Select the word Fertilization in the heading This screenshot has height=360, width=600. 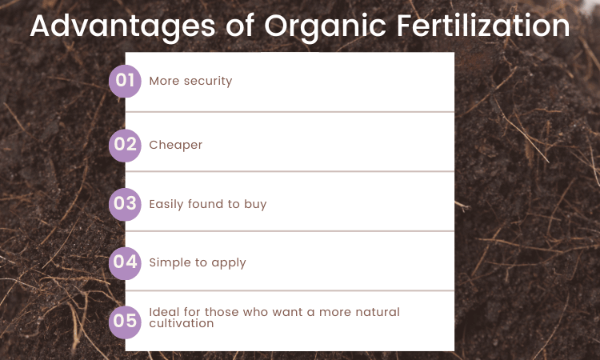(491, 26)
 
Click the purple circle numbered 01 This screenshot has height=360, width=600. (125, 81)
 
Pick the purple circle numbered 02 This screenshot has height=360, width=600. (125, 146)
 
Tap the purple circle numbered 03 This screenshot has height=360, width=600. (125, 204)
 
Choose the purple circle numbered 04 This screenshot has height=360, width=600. (125, 262)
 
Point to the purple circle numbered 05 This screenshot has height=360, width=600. (125, 321)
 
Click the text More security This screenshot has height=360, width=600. (190, 81)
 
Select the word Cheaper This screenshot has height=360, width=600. (176, 146)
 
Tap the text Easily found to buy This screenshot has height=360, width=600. (208, 204)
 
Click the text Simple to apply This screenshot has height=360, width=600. (198, 262)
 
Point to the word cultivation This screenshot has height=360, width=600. (182, 324)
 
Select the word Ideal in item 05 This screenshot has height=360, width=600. (162, 312)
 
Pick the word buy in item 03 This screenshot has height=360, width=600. (256, 204)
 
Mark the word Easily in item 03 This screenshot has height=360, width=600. (166, 204)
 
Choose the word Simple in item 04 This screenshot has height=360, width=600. (169, 262)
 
